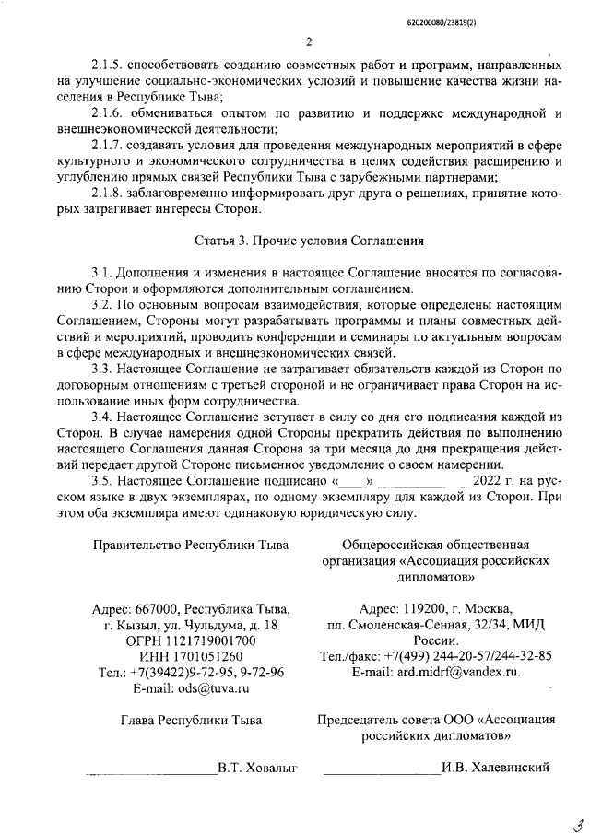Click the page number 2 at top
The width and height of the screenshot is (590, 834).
pos(310,41)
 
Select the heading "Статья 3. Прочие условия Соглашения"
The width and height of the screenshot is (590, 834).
pos(309,241)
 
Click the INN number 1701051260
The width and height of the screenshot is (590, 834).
pos(208,656)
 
